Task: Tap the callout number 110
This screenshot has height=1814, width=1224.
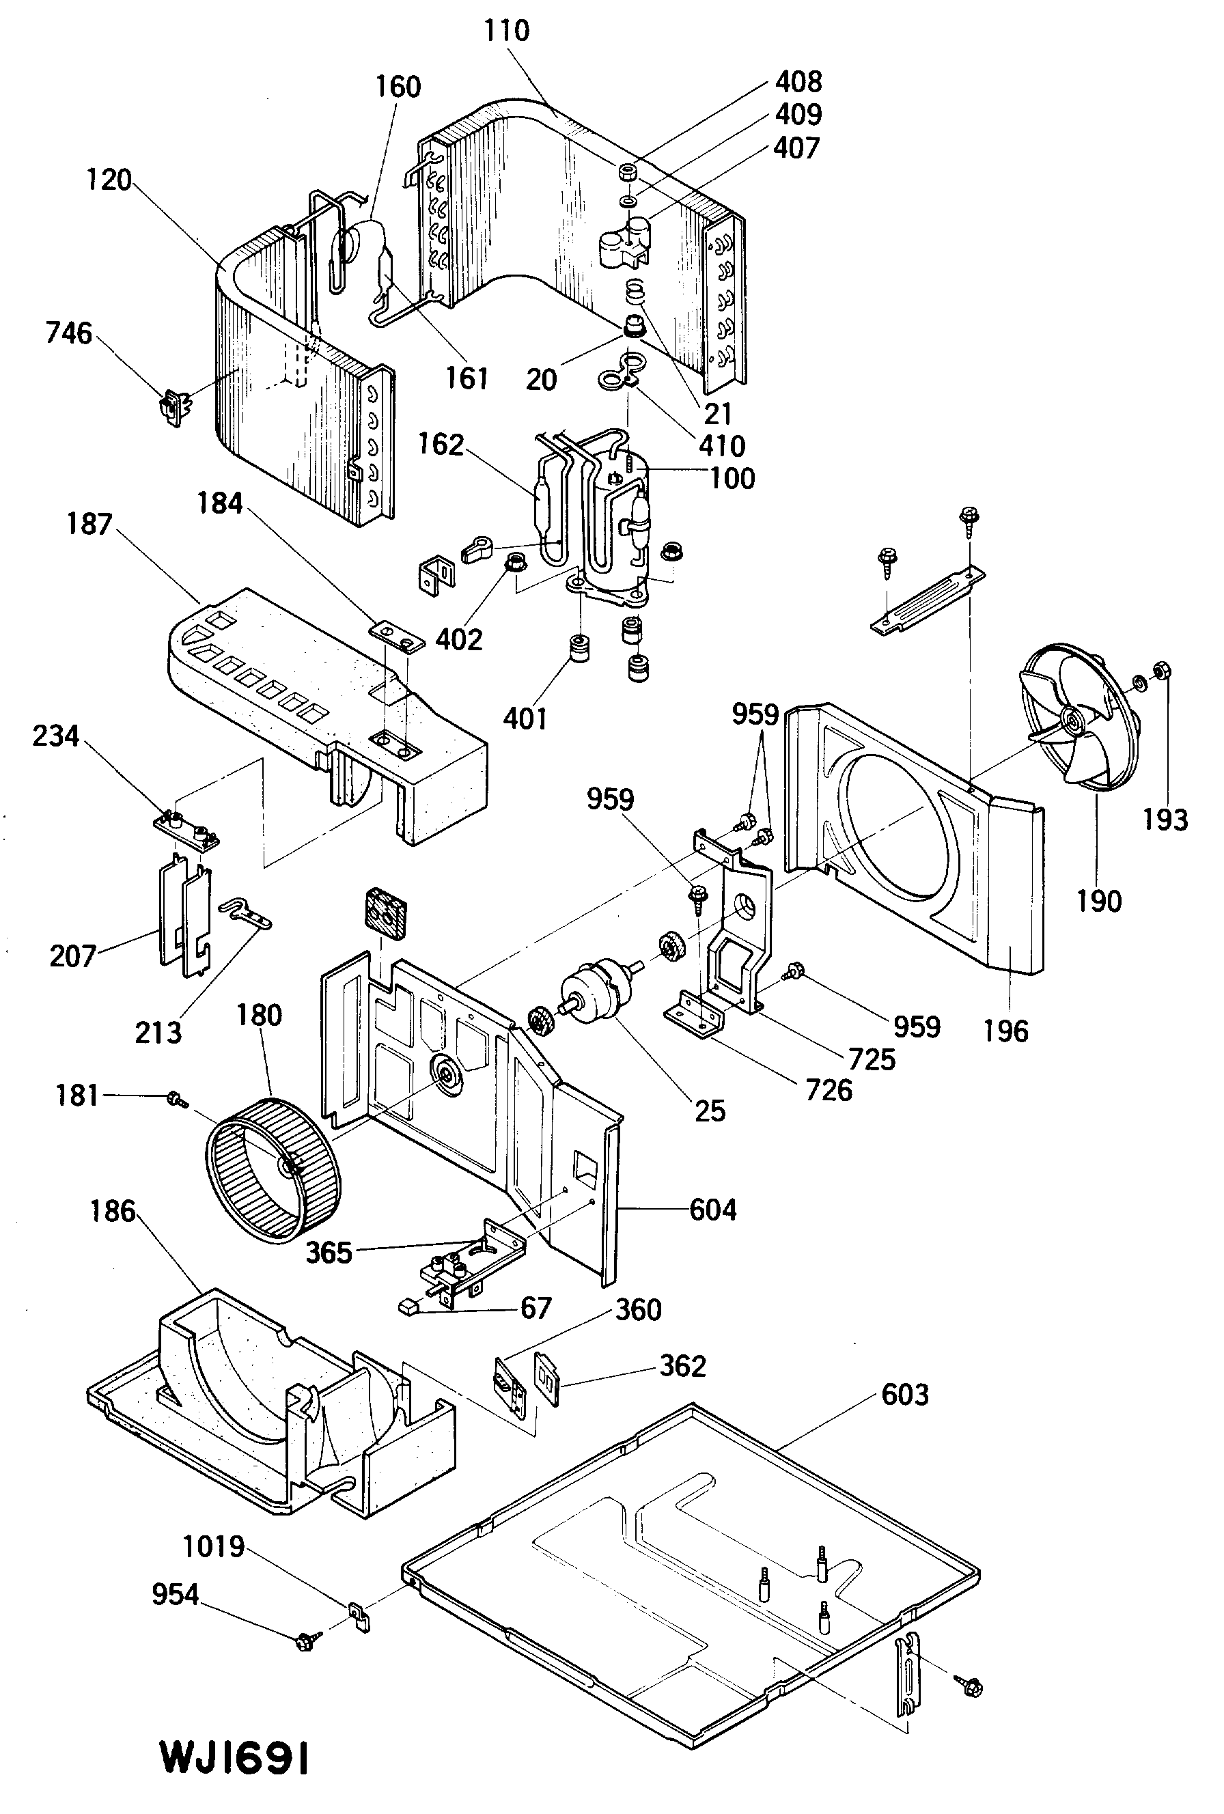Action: (507, 31)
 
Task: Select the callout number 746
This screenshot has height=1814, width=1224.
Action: (69, 333)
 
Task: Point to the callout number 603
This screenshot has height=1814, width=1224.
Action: (905, 1395)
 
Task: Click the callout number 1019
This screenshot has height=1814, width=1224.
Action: (213, 1546)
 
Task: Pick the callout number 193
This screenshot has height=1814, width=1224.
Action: (1165, 820)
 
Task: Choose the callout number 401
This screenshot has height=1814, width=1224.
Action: (525, 718)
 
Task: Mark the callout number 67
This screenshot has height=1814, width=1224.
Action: (536, 1307)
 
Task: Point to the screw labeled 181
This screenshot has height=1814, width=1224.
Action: (175, 1099)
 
